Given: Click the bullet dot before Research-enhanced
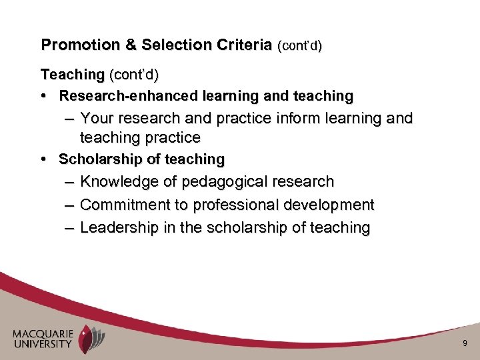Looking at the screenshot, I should pos(44,96).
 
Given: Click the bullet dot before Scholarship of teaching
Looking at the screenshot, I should pos(44,159).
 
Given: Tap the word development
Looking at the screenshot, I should pos(330,205).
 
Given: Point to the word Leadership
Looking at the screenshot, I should pos(119,228).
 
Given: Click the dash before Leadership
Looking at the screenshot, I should pos(70,228).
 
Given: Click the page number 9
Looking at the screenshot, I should pos(464,343).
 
